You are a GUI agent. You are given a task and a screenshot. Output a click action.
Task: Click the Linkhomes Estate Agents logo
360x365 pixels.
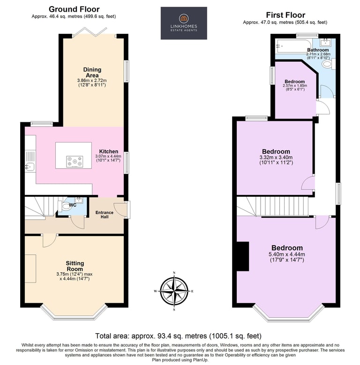[184, 23]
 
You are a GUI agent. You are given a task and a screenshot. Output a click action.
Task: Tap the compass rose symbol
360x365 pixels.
[174, 291]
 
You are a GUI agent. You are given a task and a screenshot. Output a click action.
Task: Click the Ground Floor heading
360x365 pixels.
[74, 9]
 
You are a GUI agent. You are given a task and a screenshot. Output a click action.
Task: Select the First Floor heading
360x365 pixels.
[285, 15]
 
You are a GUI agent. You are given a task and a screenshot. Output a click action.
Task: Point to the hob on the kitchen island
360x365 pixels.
[75, 162]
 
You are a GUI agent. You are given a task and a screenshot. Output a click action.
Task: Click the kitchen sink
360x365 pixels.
[30, 167]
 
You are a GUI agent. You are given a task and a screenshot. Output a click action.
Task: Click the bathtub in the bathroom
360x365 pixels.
[293, 46]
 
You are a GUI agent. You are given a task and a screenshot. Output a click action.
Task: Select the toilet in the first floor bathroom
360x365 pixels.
[328, 64]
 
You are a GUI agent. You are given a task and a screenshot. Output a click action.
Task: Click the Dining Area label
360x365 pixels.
[92, 73]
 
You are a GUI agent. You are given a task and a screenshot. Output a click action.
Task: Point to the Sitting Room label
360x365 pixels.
[75, 266]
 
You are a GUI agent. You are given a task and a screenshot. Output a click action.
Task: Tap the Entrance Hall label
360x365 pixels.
[105, 215]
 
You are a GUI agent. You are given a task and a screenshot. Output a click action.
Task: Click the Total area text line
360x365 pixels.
[179, 336]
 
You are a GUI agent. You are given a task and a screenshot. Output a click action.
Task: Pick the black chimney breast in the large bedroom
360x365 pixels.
[243, 256]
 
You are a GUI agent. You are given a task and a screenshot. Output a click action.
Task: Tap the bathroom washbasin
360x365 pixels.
[324, 42]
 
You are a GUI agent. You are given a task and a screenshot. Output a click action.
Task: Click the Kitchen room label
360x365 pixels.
[108, 151]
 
